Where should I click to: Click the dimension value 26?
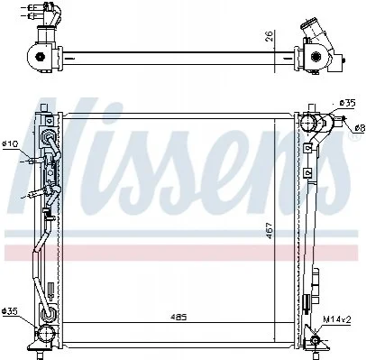click(x=270, y=36)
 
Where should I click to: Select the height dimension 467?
click(x=270, y=231)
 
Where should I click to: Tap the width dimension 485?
click(x=178, y=317)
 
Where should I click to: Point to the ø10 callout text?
click(x=10, y=143)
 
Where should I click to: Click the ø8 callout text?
click(x=360, y=128)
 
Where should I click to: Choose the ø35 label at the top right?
click(x=347, y=103)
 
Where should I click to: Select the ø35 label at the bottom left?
click(x=10, y=310)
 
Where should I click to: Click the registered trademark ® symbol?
click(x=352, y=136)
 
